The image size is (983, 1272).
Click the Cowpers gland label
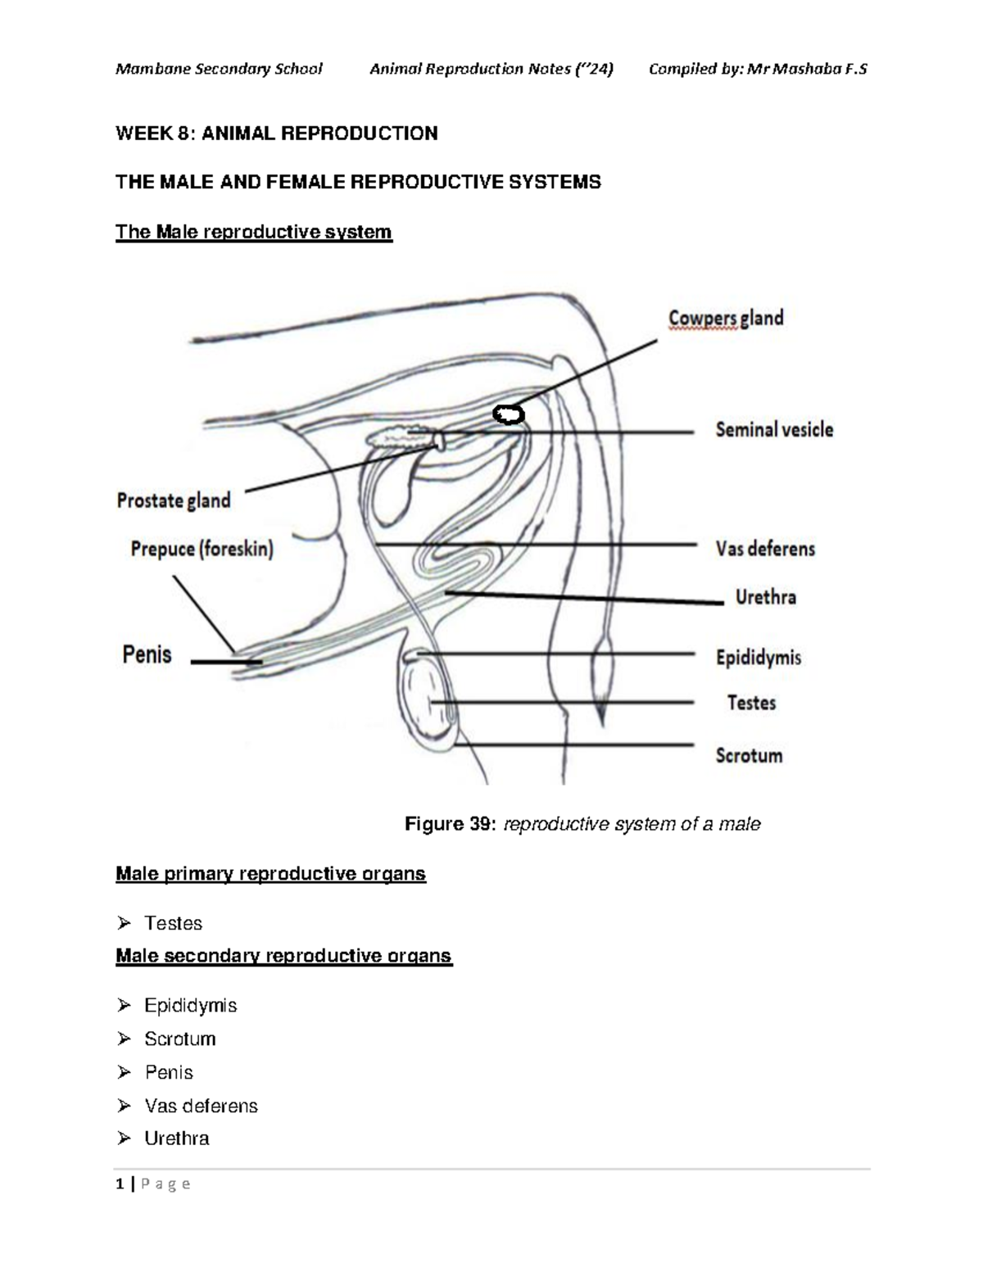tap(726, 318)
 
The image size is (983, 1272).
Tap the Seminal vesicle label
tap(774, 430)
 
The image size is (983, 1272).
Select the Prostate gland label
tap(174, 500)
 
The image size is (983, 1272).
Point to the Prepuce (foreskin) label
tap(202, 549)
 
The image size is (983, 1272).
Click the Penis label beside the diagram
tap(147, 654)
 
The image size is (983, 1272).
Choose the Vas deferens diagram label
tap(765, 549)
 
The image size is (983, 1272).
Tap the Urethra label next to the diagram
tap(765, 597)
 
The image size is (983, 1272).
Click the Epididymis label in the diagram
tap(759, 658)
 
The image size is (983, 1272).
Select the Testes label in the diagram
tap(751, 703)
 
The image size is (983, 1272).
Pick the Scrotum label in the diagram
tap(749, 755)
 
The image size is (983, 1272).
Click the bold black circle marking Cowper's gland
tap(509, 415)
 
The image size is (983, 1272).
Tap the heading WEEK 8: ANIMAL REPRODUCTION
tap(277, 134)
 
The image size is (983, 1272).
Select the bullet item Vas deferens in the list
tap(201, 1106)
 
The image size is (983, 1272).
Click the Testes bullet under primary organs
tap(173, 923)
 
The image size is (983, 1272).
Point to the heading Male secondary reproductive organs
tap(283, 956)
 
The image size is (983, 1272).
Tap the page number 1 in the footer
tap(120, 1184)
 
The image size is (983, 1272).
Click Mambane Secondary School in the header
tap(219, 69)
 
